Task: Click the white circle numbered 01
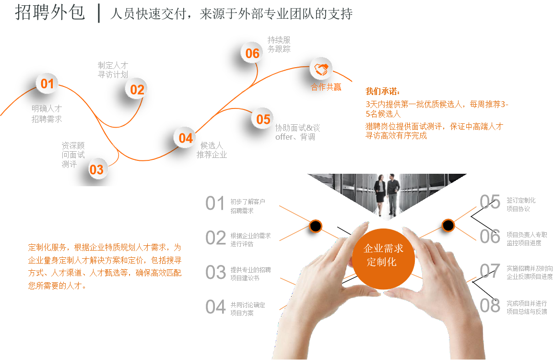pyautogui.click(x=47, y=84)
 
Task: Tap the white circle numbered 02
pyautogui.click(x=137, y=89)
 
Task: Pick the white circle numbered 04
pyautogui.click(x=185, y=138)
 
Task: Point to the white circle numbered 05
pyautogui.click(x=263, y=119)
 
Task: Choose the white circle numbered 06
pyautogui.click(x=252, y=53)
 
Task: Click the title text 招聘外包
pyautogui.click(x=49, y=13)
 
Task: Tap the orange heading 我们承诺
pyautogui.click(x=383, y=91)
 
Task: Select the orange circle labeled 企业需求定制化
pyautogui.click(x=383, y=255)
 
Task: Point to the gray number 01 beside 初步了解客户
pyautogui.click(x=215, y=204)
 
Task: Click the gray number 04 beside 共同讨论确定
pyautogui.click(x=215, y=307)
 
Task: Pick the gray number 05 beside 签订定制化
pyautogui.click(x=490, y=202)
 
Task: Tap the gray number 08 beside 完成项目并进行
pyautogui.click(x=490, y=306)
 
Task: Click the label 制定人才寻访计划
pyautogui.click(x=113, y=70)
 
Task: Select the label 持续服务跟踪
pyautogui.click(x=279, y=45)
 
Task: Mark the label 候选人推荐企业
pyautogui.click(x=212, y=150)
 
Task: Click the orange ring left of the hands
pyautogui.click(x=315, y=226)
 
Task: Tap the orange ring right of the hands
pyautogui.click(x=448, y=225)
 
